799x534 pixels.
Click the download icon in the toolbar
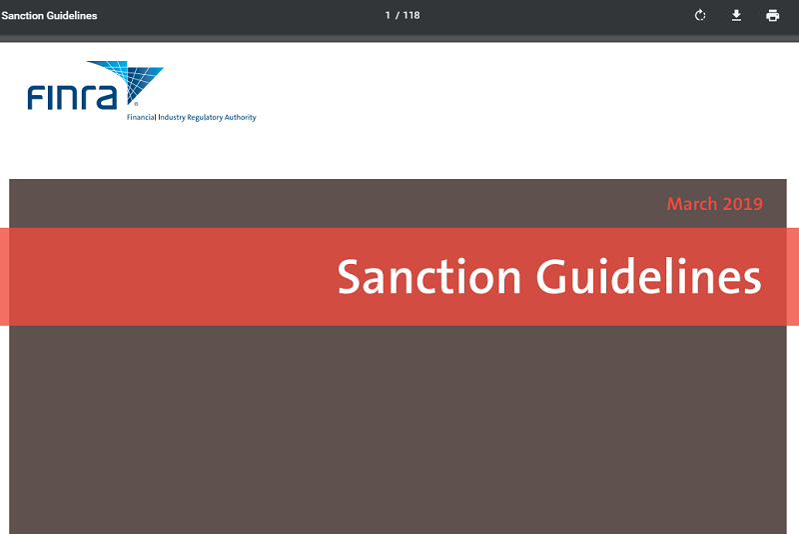pos(736,15)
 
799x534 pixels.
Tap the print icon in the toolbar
pos(772,15)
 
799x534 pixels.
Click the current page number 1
pos(388,15)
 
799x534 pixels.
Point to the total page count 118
pos(411,15)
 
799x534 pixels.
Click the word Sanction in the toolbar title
pos(22,16)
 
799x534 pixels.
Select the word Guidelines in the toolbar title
pos(72,16)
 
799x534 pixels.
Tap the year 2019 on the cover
pos(742,204)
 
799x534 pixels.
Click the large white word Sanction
pos(429,277)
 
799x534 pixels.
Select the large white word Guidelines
pos(648,276)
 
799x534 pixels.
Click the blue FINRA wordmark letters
pos(72,97)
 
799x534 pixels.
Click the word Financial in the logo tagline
pos(141,117)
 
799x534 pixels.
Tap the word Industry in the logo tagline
pos(172,117)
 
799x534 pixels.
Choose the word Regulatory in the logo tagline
pos(205,117)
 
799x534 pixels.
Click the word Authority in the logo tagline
pos(241,117)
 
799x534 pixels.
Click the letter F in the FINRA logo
pos(36,97)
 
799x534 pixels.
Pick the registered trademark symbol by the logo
pos(136,104)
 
